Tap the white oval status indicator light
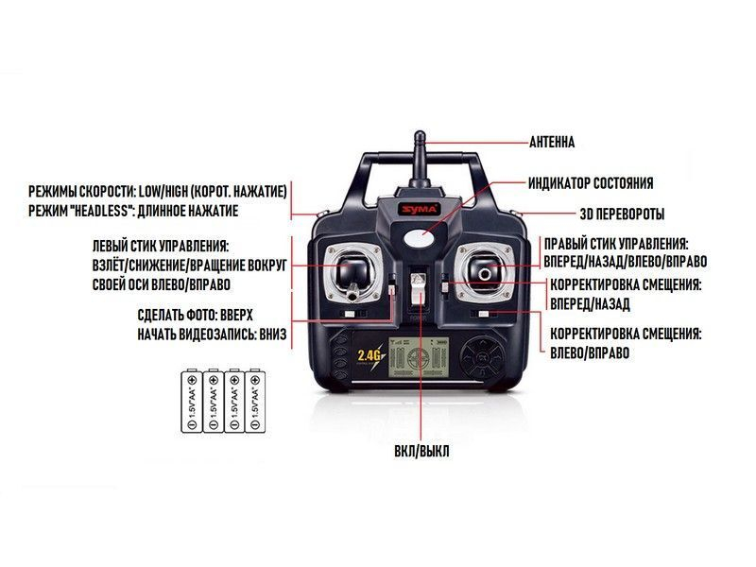click(422, 238)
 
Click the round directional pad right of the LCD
click(484, 358)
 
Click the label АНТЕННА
click(551, 143)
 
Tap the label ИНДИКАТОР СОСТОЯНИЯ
click(591, 182)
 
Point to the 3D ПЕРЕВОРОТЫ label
click(621, 214)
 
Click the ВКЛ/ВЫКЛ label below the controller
click(421, 452)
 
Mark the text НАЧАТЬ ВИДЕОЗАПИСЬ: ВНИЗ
click(211, 335)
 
